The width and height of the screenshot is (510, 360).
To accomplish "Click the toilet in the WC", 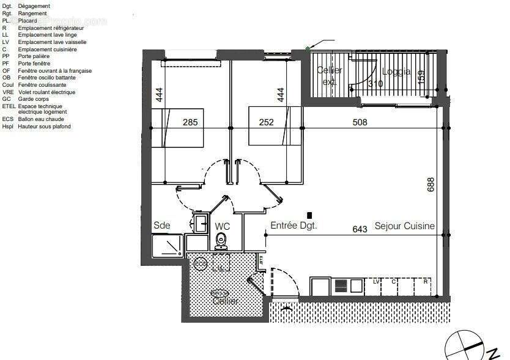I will [222, 241].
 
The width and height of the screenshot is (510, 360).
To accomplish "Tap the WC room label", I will [223, 226].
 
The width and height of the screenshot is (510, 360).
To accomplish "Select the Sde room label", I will [161, 226].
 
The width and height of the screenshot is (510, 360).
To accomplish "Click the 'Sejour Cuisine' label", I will [404, 226].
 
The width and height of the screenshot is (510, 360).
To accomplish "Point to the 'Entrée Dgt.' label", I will [294, 226].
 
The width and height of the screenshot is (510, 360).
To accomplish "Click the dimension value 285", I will [190, 122].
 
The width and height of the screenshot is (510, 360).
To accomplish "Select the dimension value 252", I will [266, 122].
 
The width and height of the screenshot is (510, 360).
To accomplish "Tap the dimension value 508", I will [360, 122].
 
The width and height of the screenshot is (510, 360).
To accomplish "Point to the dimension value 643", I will [360, 229].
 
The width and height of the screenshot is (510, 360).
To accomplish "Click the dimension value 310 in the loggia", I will [375, 84].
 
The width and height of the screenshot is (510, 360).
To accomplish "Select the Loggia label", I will [396, 72].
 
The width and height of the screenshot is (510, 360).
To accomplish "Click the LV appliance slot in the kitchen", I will [376, 282].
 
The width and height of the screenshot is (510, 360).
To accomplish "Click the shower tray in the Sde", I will [168, 246].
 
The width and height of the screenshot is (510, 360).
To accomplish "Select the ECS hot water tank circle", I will [199, 263].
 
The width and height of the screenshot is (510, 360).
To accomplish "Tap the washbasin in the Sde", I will [199, 223].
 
